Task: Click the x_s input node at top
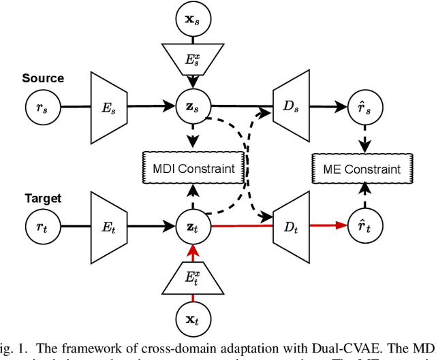click(193, 19)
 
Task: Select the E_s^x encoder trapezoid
click(193, 60)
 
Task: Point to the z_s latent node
click(193, 106)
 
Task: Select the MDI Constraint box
click(193, 168)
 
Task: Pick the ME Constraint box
click(363, 168)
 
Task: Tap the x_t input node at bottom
click(193, 318)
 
